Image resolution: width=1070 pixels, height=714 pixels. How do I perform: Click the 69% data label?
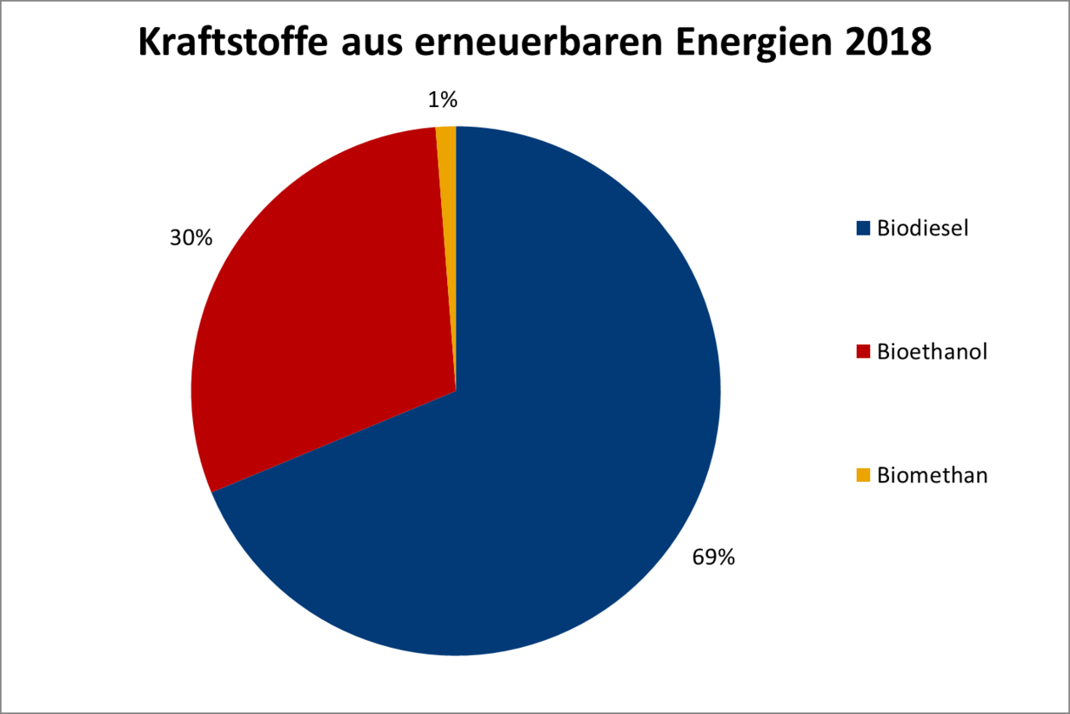713,558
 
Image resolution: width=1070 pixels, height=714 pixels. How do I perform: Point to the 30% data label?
190,238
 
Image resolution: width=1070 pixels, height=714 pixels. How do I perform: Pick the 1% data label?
443,100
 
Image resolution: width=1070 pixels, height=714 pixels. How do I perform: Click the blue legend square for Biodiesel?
863,228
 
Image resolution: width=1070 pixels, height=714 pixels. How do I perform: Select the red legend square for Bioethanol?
863,352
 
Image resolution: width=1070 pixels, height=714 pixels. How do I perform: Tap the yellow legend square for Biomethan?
863,475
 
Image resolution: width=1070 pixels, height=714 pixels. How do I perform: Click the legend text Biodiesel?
923,228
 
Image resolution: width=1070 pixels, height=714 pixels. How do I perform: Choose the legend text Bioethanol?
932,352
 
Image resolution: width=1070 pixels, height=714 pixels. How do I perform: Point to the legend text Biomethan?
932,475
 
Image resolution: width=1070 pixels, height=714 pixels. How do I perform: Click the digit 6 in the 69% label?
699,558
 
